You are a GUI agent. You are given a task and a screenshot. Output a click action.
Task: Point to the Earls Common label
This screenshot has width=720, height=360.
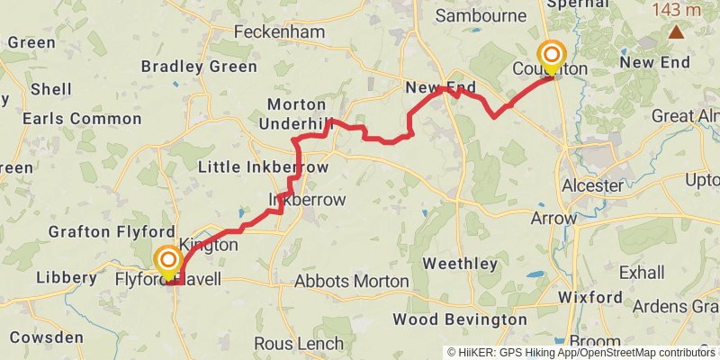[x=69, y=119]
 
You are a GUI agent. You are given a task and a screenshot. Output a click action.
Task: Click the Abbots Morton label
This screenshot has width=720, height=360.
[x=346, y=281]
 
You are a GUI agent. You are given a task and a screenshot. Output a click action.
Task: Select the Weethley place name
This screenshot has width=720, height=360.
[x=460, y=264]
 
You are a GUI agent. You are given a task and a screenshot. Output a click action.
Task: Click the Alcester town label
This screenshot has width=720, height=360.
[x=592, y=185]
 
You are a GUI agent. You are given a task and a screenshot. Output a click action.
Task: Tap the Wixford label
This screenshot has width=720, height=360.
[x=589, y=296]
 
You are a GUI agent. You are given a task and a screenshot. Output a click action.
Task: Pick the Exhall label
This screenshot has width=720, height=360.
[x=643, y=272]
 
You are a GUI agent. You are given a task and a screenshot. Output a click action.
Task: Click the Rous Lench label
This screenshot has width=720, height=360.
[x=299, y=344]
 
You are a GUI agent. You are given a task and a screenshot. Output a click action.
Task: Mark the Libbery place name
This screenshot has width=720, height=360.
[x=66, y=277]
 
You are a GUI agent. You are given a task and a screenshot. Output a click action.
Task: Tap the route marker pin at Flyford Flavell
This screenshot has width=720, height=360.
[x=168, y=263]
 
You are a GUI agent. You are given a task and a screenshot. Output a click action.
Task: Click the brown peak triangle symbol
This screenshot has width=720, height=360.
[x=675, y=32]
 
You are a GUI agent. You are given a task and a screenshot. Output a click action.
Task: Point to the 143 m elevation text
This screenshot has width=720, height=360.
[x=678, y=10]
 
